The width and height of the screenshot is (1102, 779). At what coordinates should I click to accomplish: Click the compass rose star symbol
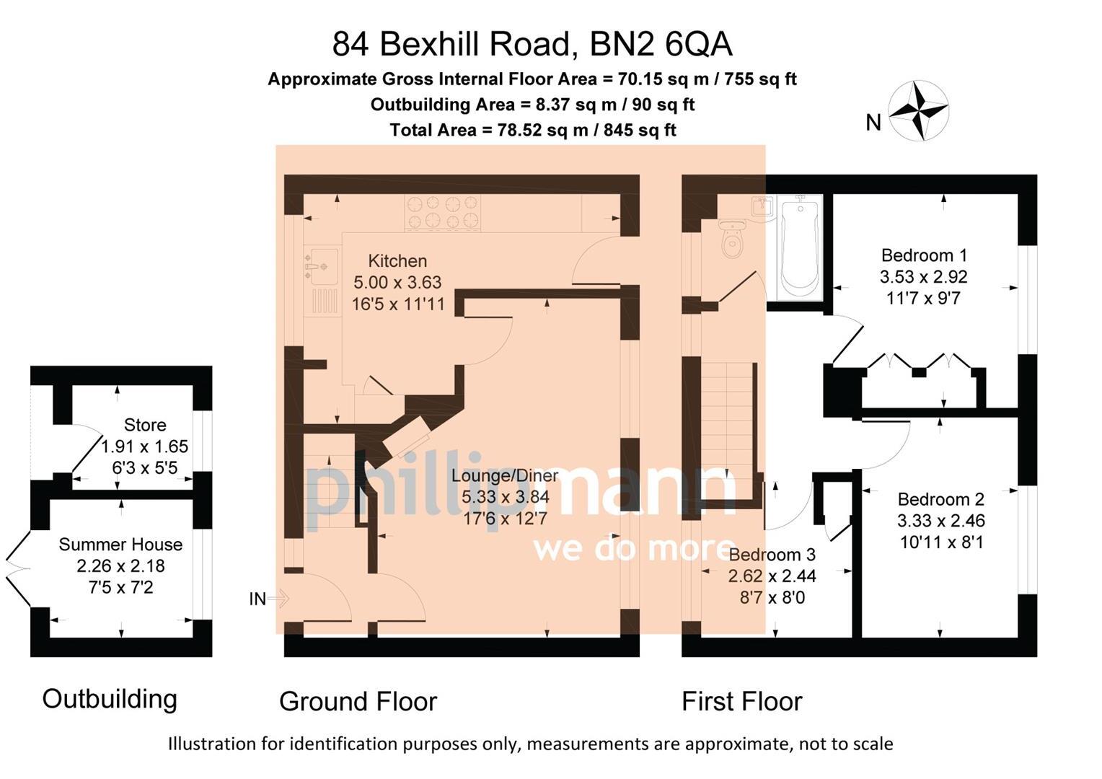pyautogui.click(x=918, y=111)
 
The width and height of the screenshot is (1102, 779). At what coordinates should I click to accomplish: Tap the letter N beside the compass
pyautogui.click(x=873, y=123)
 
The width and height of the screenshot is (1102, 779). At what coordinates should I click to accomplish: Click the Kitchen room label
pyautogui.click(x=397, y=261)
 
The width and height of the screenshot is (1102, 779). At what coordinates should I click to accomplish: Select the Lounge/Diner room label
pyautogui.click(x=506, y=475)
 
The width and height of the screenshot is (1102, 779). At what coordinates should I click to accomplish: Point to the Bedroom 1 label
pyautogui.click(x=924, y=255)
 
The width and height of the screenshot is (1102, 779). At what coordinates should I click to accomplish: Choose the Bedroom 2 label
pyautogui.click(x=940, y=499)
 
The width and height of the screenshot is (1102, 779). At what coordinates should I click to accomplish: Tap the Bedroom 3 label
pyautogui.click(x=772, y=555)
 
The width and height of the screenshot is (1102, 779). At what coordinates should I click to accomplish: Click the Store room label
pyautogui.click(x=145, y=425)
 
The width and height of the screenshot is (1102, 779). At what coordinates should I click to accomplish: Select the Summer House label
pyautogui.click(x=120, y=545)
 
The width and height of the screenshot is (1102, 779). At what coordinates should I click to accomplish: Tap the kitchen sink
pyautogui.click(x=321, y=266)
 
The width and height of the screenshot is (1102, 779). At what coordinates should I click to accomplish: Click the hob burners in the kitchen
pyautogui.click(x=442, y=213)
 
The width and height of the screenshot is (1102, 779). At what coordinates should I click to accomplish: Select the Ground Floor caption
pyautogui.click(x=358, y=701)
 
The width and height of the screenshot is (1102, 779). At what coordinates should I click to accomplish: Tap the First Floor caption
pyautogui.click(x=742, y=701)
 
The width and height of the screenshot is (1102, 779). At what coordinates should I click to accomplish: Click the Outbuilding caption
pyautogui.click(x=110, y=699)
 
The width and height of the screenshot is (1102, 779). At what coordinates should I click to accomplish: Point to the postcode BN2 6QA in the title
pyautogui.click(x=661, y=44)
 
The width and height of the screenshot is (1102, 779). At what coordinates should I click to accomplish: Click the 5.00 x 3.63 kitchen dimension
pyautogui.click(x=397, y=283)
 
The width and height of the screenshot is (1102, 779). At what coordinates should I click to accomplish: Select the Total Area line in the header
pyautogui.click(x=533, y=130)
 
